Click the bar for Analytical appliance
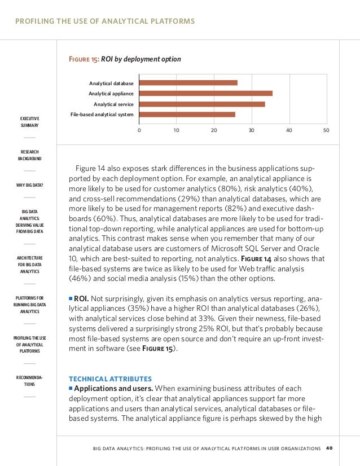click(205, 93)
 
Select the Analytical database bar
click(188, 83)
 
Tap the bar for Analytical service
click(201, 104)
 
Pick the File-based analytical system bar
click(187, 115)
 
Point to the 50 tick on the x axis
click(326, 130)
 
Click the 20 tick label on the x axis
click(214, 130)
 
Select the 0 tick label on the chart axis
click(139, 130)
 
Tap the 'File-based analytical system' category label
click(102, 115)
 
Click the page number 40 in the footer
click(330, 448)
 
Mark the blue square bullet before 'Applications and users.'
click(71, 389)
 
